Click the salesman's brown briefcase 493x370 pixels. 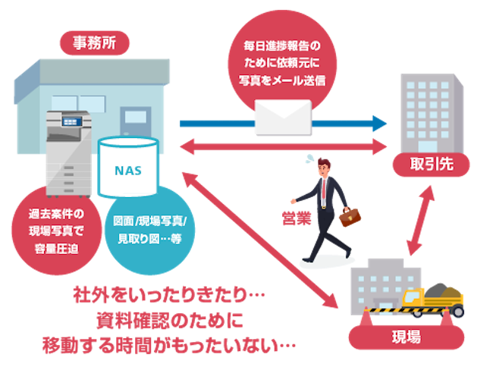(x=350, y=218)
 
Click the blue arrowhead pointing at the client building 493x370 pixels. (x=379, y=123)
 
